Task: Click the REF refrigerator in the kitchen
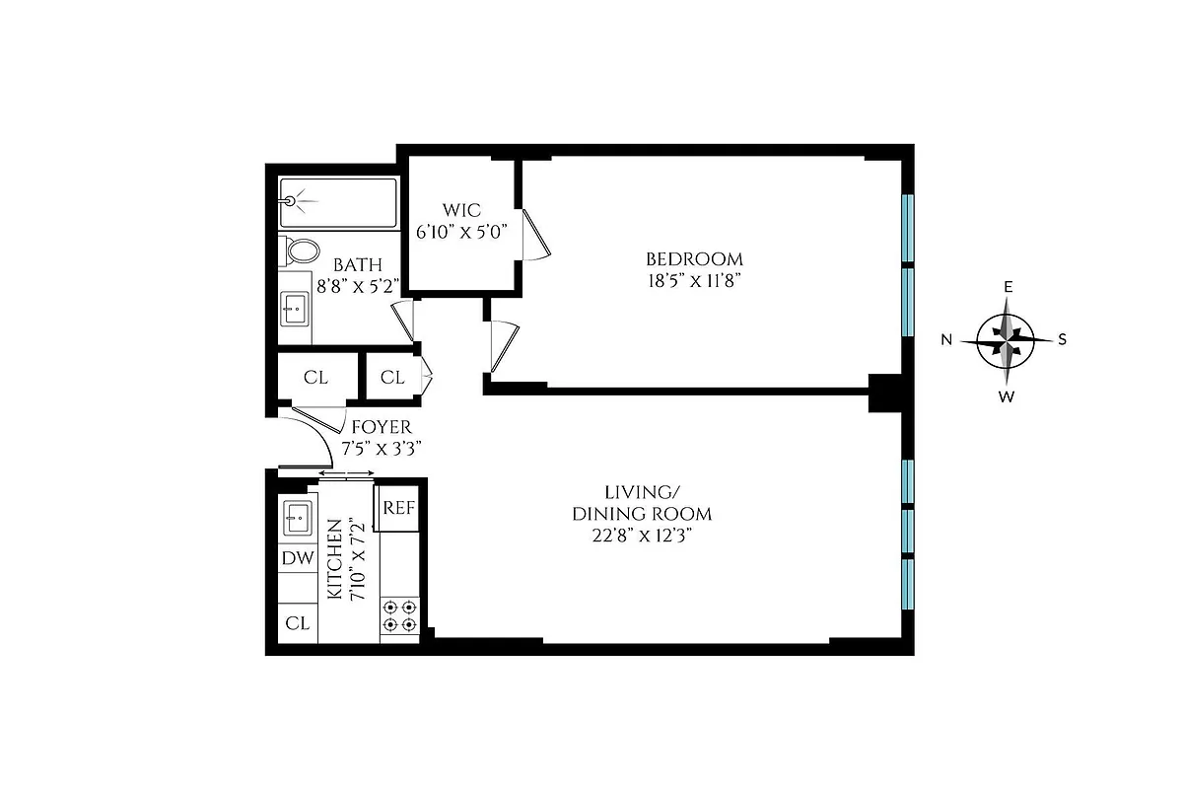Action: [399, 508]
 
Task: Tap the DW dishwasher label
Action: [298, 558]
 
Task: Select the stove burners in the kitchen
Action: [400, 616]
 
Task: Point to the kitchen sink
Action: [298, 516]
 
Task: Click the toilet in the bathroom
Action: [301, 251]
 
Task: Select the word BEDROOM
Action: [694, 259]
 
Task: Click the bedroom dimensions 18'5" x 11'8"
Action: [694, 280]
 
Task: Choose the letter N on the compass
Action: [946, 340]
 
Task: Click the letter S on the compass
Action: [1063, 340]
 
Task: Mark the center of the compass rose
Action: [1006, 338]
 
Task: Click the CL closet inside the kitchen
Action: [298, 623]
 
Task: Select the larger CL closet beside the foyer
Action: [315, 377]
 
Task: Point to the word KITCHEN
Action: [334, 560]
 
